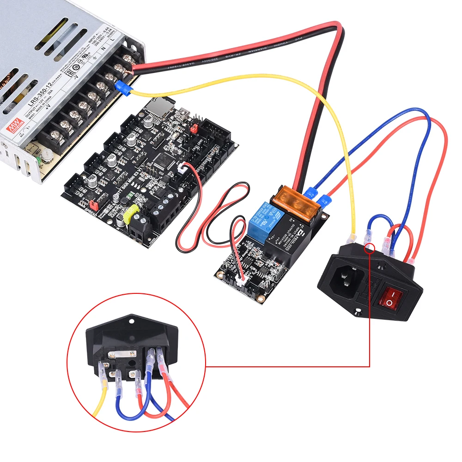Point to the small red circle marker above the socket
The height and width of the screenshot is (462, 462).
370,250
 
